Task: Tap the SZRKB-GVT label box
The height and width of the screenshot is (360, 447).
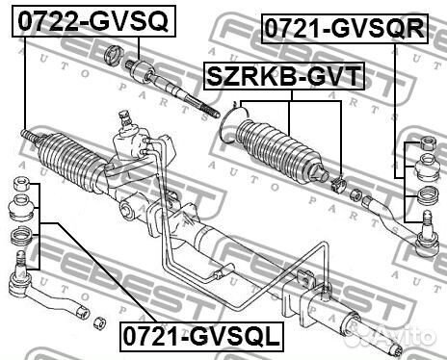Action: click(x=281, y=75)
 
